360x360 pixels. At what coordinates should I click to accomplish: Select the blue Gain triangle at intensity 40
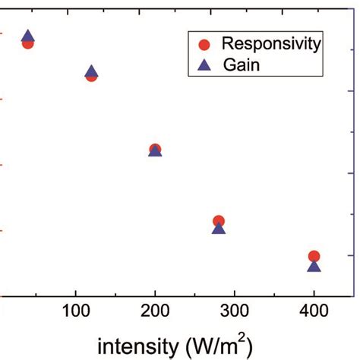(x=28, y=36)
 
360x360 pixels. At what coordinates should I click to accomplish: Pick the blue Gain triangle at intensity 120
(x=91, y=71)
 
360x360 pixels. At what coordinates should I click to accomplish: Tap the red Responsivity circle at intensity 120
(x=91, y=76)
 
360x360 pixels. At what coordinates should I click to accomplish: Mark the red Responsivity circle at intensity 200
(x=155, y=148)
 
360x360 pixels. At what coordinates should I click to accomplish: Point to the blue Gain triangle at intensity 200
(x=155, y=151)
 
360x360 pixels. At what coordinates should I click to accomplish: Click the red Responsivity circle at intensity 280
(x=219, y=220)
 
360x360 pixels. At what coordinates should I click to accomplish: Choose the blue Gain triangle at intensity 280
(x=219, y=227)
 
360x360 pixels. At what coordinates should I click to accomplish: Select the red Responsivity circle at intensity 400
(x=314, y=256)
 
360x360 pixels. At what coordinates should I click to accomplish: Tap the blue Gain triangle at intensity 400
(x=314, y=266)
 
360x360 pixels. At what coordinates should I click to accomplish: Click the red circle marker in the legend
(x=203, y=43)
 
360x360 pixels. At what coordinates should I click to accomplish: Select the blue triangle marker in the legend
(x=203, y=65)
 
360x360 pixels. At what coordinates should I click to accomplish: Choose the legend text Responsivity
(x=271, y=43)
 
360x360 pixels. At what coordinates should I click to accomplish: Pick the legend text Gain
(x=242, y=65)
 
